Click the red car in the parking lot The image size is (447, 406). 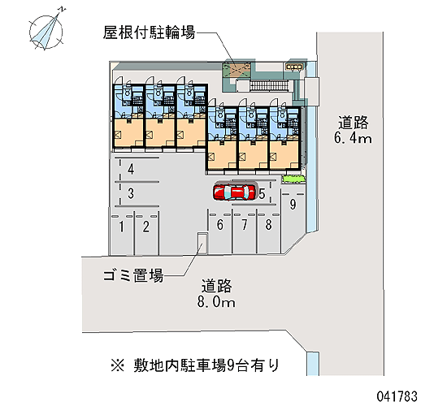point(235,192)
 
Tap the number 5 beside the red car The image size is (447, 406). point(262,194)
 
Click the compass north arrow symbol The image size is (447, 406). point(46,31)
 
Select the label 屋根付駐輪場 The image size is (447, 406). point(149,32)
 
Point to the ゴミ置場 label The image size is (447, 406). point(133,275)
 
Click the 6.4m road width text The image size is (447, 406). point(353,139)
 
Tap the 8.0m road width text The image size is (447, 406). point(216,302)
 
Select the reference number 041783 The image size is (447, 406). point(397,396)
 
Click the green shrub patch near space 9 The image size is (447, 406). point(293,179)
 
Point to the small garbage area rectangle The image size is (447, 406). point(202,243)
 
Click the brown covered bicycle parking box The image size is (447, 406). point(237,70)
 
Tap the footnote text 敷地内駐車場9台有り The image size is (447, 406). point(206,365)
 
